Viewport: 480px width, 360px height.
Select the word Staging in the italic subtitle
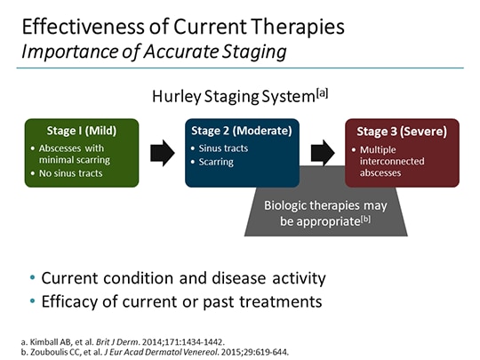[251, 51]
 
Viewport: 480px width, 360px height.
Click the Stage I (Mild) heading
[80, 131]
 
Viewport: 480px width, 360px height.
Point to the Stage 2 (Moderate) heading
[236, 131]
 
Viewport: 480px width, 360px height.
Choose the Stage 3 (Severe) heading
[402, 132]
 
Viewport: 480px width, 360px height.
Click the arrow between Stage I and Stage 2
[162, 152]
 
